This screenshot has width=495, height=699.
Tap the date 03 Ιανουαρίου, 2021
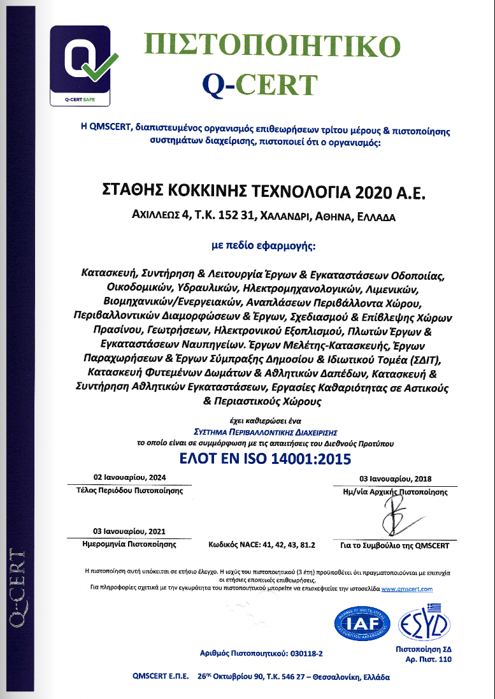(x=129, y=531)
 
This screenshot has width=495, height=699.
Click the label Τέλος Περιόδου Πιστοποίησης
(x=129, y=491)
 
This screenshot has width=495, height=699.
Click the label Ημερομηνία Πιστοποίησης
(x=129, y=545)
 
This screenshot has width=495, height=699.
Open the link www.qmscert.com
(x=408, y=589)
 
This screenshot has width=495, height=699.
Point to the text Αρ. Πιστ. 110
(x=428, y=659)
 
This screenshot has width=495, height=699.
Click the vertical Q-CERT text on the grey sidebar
(x=17, y=586)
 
